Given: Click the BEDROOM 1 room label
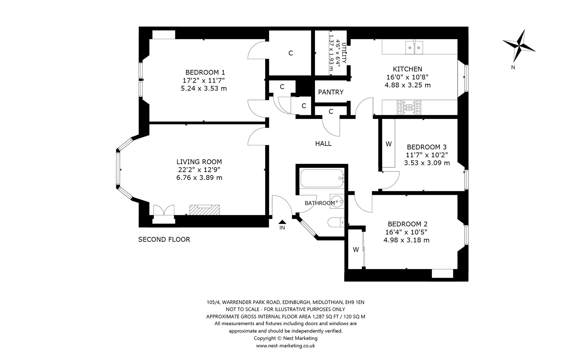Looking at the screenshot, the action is point(205,72).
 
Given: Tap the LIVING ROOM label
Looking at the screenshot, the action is point(199,162).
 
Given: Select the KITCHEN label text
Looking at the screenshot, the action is point(408,69).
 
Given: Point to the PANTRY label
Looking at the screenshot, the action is point(331,92).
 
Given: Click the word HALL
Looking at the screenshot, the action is point(323,144).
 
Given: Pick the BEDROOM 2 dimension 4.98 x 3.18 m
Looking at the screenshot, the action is point(406,240).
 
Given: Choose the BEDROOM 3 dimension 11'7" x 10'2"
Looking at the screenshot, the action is point(427,155).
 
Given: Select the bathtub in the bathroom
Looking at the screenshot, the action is point(322,178).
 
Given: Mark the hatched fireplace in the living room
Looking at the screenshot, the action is point(204,210).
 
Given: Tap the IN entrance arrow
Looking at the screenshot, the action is point(282,222).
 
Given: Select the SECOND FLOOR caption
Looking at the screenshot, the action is point(164,239).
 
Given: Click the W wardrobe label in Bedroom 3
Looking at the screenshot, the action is point(388,144).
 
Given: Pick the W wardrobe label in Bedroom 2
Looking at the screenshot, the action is point(356,249).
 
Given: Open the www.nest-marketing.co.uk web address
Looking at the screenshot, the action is point(285,346).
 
